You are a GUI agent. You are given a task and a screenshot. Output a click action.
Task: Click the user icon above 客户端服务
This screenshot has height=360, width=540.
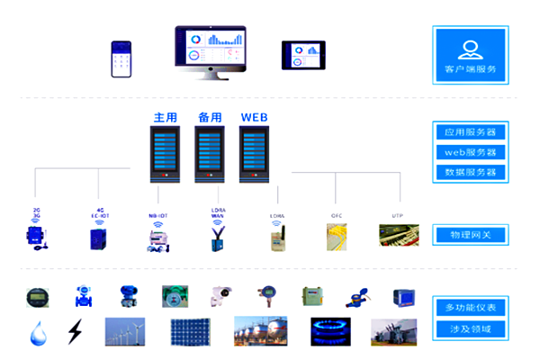469,48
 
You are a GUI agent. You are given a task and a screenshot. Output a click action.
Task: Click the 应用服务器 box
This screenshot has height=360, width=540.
469,131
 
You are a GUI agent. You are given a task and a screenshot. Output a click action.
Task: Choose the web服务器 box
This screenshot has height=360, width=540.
469,151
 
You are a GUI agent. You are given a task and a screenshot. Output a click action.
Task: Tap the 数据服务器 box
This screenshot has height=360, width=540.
469,171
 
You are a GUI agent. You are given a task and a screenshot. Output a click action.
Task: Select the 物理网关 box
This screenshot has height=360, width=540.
469,235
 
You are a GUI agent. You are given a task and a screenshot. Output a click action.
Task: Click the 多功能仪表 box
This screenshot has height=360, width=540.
469,308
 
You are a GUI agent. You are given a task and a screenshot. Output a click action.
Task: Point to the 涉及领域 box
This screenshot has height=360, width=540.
469,329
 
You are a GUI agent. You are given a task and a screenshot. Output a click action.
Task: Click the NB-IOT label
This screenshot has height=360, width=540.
158,216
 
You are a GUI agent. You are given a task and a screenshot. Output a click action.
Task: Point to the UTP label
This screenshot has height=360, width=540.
397,215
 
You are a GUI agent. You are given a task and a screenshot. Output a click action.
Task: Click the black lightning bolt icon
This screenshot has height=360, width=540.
75,333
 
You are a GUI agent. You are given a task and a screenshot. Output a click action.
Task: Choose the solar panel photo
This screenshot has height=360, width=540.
189,331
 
